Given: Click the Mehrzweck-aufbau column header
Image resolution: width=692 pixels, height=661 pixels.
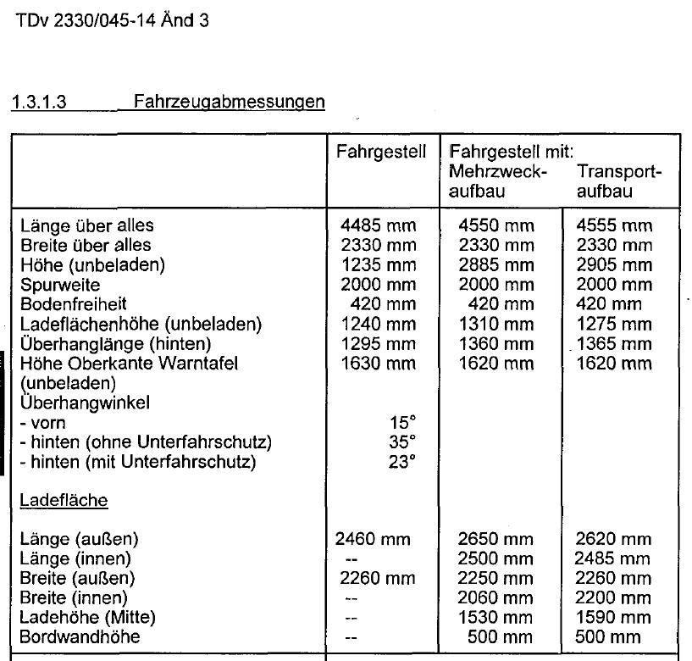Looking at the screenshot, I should point(499,182).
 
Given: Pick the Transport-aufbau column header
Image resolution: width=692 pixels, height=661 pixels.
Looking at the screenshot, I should point(617,182).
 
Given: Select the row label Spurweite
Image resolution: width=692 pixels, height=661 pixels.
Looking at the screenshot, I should point(58,285).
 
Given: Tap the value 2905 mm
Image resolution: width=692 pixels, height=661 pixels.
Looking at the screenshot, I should point(613,265).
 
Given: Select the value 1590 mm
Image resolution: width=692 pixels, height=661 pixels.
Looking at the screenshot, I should point(613,617).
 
